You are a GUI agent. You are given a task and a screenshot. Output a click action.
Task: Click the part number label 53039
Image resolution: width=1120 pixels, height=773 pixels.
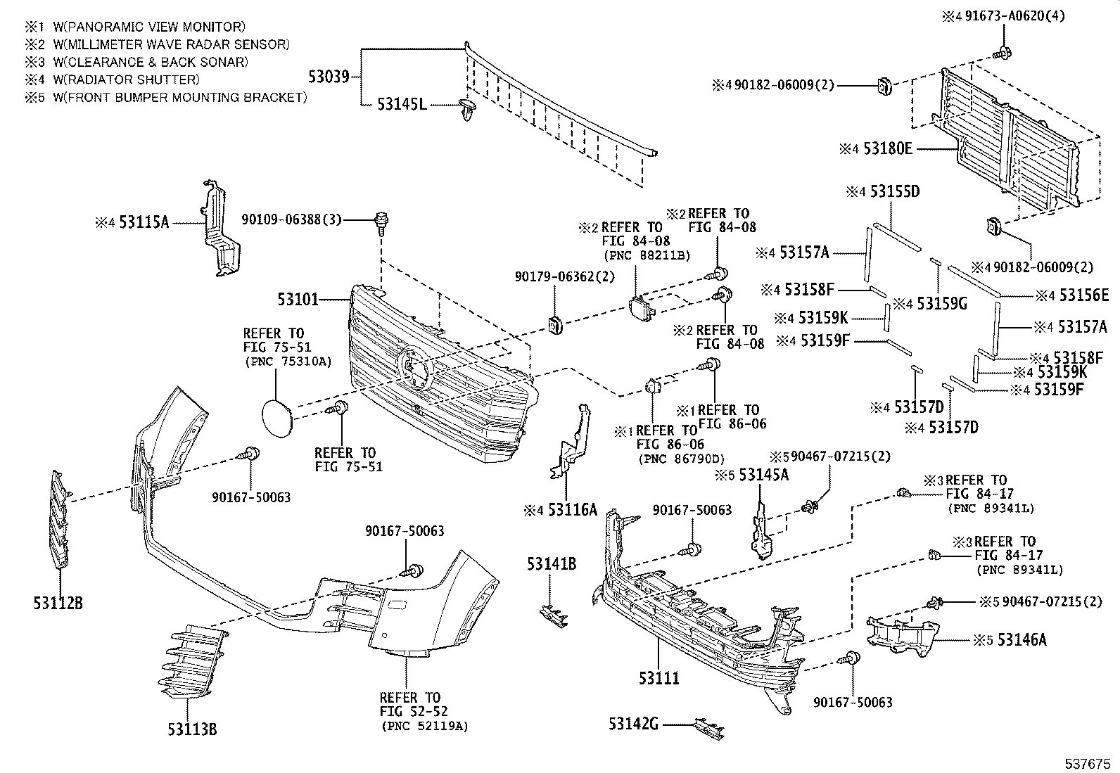329,76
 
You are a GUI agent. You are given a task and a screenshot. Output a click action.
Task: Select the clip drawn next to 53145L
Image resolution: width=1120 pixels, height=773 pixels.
466,110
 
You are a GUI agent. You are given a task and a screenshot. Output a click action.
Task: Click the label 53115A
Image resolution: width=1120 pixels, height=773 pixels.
144,222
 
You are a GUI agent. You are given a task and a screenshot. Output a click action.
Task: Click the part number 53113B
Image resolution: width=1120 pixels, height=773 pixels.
192,729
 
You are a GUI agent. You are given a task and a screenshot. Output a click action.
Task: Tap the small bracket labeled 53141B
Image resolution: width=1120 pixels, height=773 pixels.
552,614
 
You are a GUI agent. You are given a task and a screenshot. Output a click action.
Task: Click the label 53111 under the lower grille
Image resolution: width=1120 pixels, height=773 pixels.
659,678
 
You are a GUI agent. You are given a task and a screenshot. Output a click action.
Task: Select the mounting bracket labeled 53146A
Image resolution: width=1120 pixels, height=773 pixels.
903,635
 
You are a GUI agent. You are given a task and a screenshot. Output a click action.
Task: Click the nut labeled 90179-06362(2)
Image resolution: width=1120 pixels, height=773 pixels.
554,324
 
